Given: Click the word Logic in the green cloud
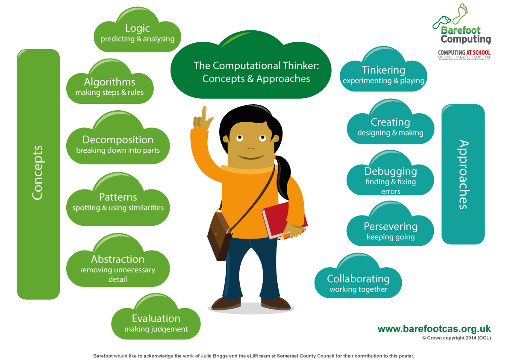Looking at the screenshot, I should point(137,28).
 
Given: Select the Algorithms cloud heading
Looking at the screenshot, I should point(109,82).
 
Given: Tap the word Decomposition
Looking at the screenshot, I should point(118,140).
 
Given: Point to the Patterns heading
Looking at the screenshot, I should point(118,197).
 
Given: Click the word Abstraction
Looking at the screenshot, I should point(118,259).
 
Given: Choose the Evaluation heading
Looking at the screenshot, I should point(156,319).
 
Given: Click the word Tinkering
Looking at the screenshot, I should point(383,70).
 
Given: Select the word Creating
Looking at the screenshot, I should point(390,122).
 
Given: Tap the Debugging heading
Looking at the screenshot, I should point(391,171).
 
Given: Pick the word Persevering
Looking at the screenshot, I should point(391,227).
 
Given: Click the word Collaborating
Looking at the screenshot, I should point(358,279).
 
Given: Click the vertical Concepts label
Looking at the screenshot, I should point(38,173).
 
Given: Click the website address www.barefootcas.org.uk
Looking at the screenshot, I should point(434,329).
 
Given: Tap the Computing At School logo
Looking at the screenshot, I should point(464,54).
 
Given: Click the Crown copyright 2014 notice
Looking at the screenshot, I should point(456,338).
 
